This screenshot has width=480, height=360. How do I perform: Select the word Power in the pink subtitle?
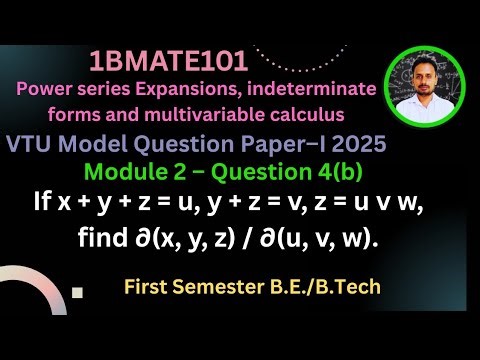[44, 89]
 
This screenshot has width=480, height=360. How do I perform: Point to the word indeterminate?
[319, 89]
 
